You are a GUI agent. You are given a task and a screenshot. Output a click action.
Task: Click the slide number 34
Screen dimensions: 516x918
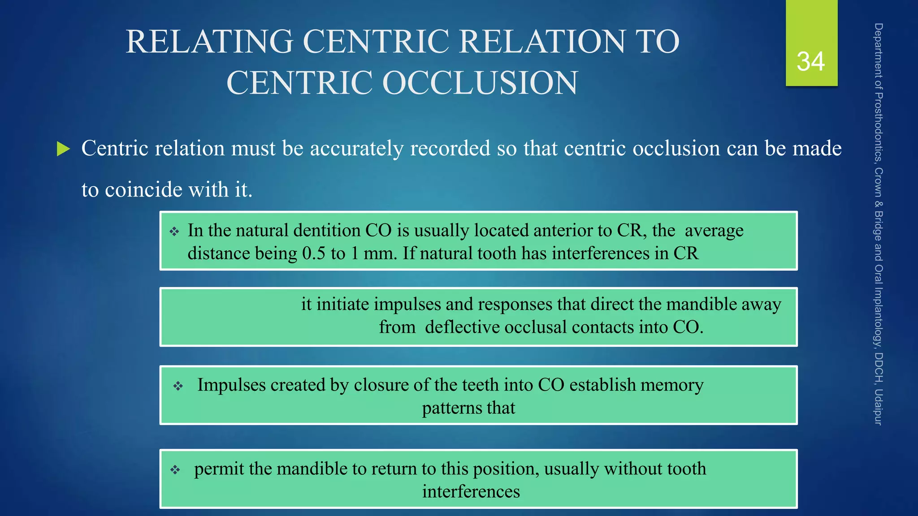810,61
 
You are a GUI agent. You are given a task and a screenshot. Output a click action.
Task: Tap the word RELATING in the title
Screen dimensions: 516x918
209,42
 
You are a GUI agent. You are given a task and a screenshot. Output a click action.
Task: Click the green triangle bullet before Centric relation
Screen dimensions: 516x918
64,149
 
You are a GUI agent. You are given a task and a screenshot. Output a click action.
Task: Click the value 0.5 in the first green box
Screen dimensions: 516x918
314,254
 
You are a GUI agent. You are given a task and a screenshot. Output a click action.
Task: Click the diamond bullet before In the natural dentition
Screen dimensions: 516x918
174,232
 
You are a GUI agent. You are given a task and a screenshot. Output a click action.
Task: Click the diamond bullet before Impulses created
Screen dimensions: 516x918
178,386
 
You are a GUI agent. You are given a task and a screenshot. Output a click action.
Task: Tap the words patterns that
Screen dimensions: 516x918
468,408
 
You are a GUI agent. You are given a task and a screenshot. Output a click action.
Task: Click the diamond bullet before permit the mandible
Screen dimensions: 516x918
175,470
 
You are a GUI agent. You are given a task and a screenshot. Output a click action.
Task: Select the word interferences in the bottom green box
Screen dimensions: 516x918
471,492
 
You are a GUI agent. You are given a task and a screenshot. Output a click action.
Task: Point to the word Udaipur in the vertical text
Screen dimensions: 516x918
878,407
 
